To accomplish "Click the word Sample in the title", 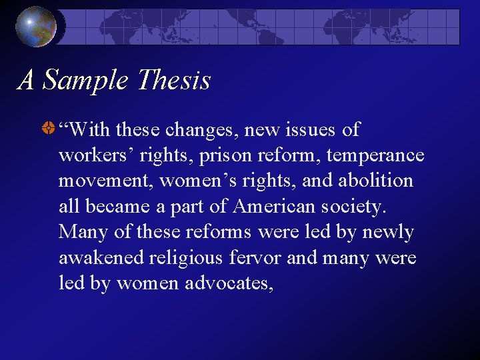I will click(85, 81).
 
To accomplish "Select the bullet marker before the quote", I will click(47, 130).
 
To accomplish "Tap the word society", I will click(358, 207).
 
